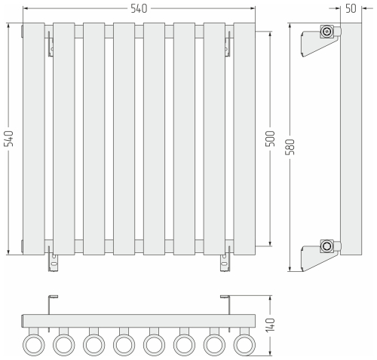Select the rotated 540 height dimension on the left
9,139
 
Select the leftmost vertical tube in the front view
33,139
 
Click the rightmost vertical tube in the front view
244,139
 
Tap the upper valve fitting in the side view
326,32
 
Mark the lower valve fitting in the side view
326,246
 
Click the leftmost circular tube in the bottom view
33,345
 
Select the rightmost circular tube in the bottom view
244,345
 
